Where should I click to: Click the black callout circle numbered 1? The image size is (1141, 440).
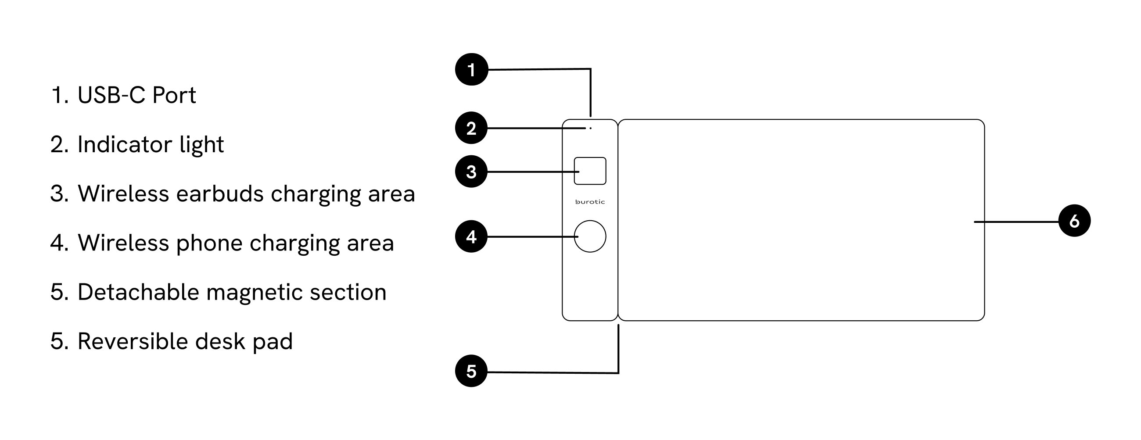472,69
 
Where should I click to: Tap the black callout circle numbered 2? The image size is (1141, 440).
471,129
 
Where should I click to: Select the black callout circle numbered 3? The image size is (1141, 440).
471,172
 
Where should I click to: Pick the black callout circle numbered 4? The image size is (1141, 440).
471,237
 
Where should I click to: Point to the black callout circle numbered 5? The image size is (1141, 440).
471,371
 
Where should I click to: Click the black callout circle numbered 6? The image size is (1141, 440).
1075,221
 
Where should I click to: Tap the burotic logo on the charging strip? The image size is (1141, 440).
590,202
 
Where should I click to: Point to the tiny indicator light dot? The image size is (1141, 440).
590,129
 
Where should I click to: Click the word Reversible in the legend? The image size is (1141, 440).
133,342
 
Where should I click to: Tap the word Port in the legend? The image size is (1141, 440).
174,95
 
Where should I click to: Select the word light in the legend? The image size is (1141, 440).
201,145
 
